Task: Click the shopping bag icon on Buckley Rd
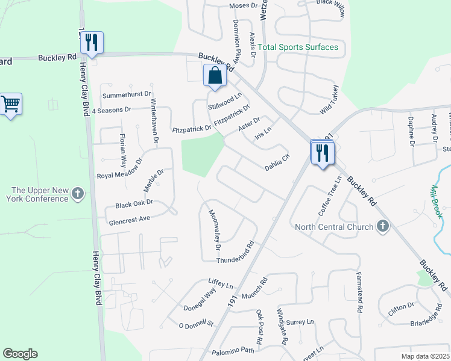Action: click(x=215, y=76)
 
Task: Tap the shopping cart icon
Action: click(x=11, y=104)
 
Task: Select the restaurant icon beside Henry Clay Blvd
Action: click(x=92, y=42)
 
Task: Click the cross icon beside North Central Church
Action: click(x=381, y=227)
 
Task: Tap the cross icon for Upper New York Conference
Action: click(x=77, y=194)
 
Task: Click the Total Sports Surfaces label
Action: click(x=298, y=47)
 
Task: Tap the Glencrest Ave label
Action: click(x=129, y=220)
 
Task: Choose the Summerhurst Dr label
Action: click(x=125, y=95)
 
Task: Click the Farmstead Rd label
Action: click(x=359, y=292)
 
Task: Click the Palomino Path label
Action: click(x=233, y=351)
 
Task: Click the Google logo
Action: click(x=20, y=354)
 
